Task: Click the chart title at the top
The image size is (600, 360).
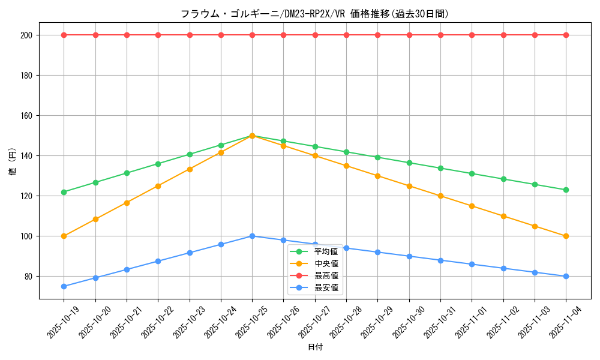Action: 314,14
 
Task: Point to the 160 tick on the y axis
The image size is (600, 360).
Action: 27,116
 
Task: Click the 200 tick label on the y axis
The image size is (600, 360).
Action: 27,35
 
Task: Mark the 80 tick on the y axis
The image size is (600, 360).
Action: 29,277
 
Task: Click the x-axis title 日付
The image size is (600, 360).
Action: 315,347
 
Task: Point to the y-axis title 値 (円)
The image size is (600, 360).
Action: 13,162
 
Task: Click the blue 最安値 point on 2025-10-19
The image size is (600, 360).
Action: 64,286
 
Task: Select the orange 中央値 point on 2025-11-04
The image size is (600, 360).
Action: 566,236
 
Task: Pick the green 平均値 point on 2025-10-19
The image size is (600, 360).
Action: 64,192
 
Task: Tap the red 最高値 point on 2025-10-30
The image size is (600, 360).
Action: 409,35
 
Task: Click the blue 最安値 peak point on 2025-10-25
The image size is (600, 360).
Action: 252,236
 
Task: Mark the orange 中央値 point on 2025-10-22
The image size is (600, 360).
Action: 158,186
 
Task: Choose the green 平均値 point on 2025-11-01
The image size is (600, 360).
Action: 472,173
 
